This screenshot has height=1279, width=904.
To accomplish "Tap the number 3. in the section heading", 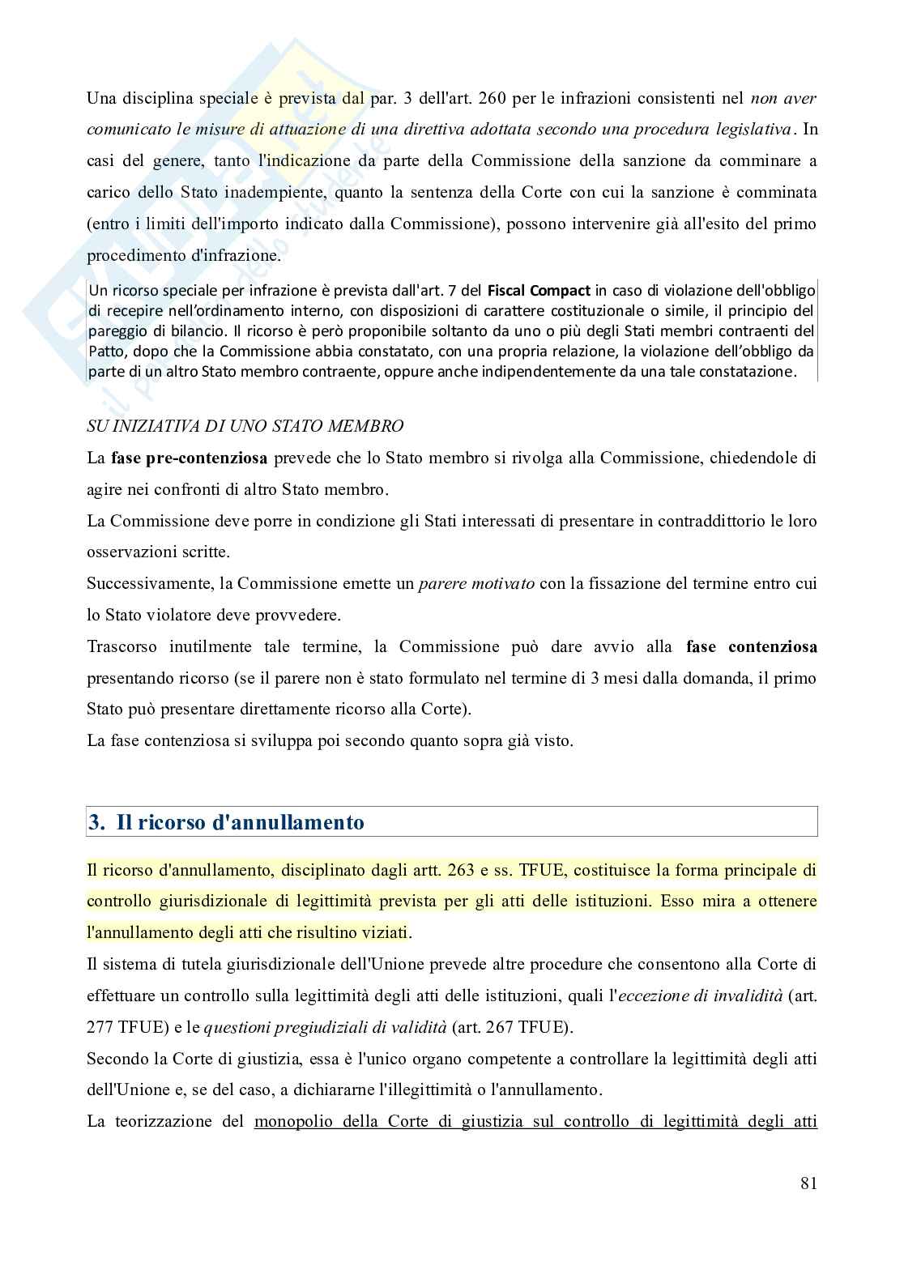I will coord(96,822).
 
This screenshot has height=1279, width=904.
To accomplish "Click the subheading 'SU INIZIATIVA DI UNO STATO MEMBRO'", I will coord(245,425).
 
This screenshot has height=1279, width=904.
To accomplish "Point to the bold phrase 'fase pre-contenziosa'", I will coord(189,458).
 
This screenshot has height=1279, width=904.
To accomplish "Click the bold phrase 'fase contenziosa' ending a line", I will coord(751,646).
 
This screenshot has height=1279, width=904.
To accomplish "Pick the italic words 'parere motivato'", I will coord(475,583).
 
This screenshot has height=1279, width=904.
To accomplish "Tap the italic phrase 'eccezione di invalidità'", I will coord(694,995).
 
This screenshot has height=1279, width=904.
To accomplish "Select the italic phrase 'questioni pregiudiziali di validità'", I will coord(325,1027).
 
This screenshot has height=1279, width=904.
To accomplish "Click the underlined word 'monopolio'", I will coord(292,1122).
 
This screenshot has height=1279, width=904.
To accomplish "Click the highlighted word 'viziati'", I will coord(384,932).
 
